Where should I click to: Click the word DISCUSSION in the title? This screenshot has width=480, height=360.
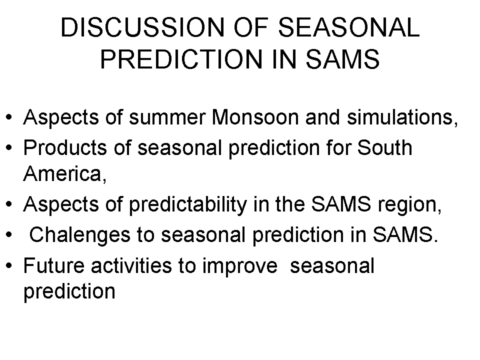coord(142,27)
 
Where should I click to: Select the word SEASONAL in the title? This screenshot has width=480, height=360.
coord(348,27)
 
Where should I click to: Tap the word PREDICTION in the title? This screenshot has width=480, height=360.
coord(181,59)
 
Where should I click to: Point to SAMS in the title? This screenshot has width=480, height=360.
coord(343,59)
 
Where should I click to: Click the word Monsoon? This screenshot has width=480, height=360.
coord(255,117)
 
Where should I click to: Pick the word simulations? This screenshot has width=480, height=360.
coord(402,117)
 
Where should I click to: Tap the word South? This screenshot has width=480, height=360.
coord(385,148)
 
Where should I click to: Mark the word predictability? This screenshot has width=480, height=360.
coord(188,204)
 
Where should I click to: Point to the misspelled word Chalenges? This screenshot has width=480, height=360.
coord(79,235)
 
